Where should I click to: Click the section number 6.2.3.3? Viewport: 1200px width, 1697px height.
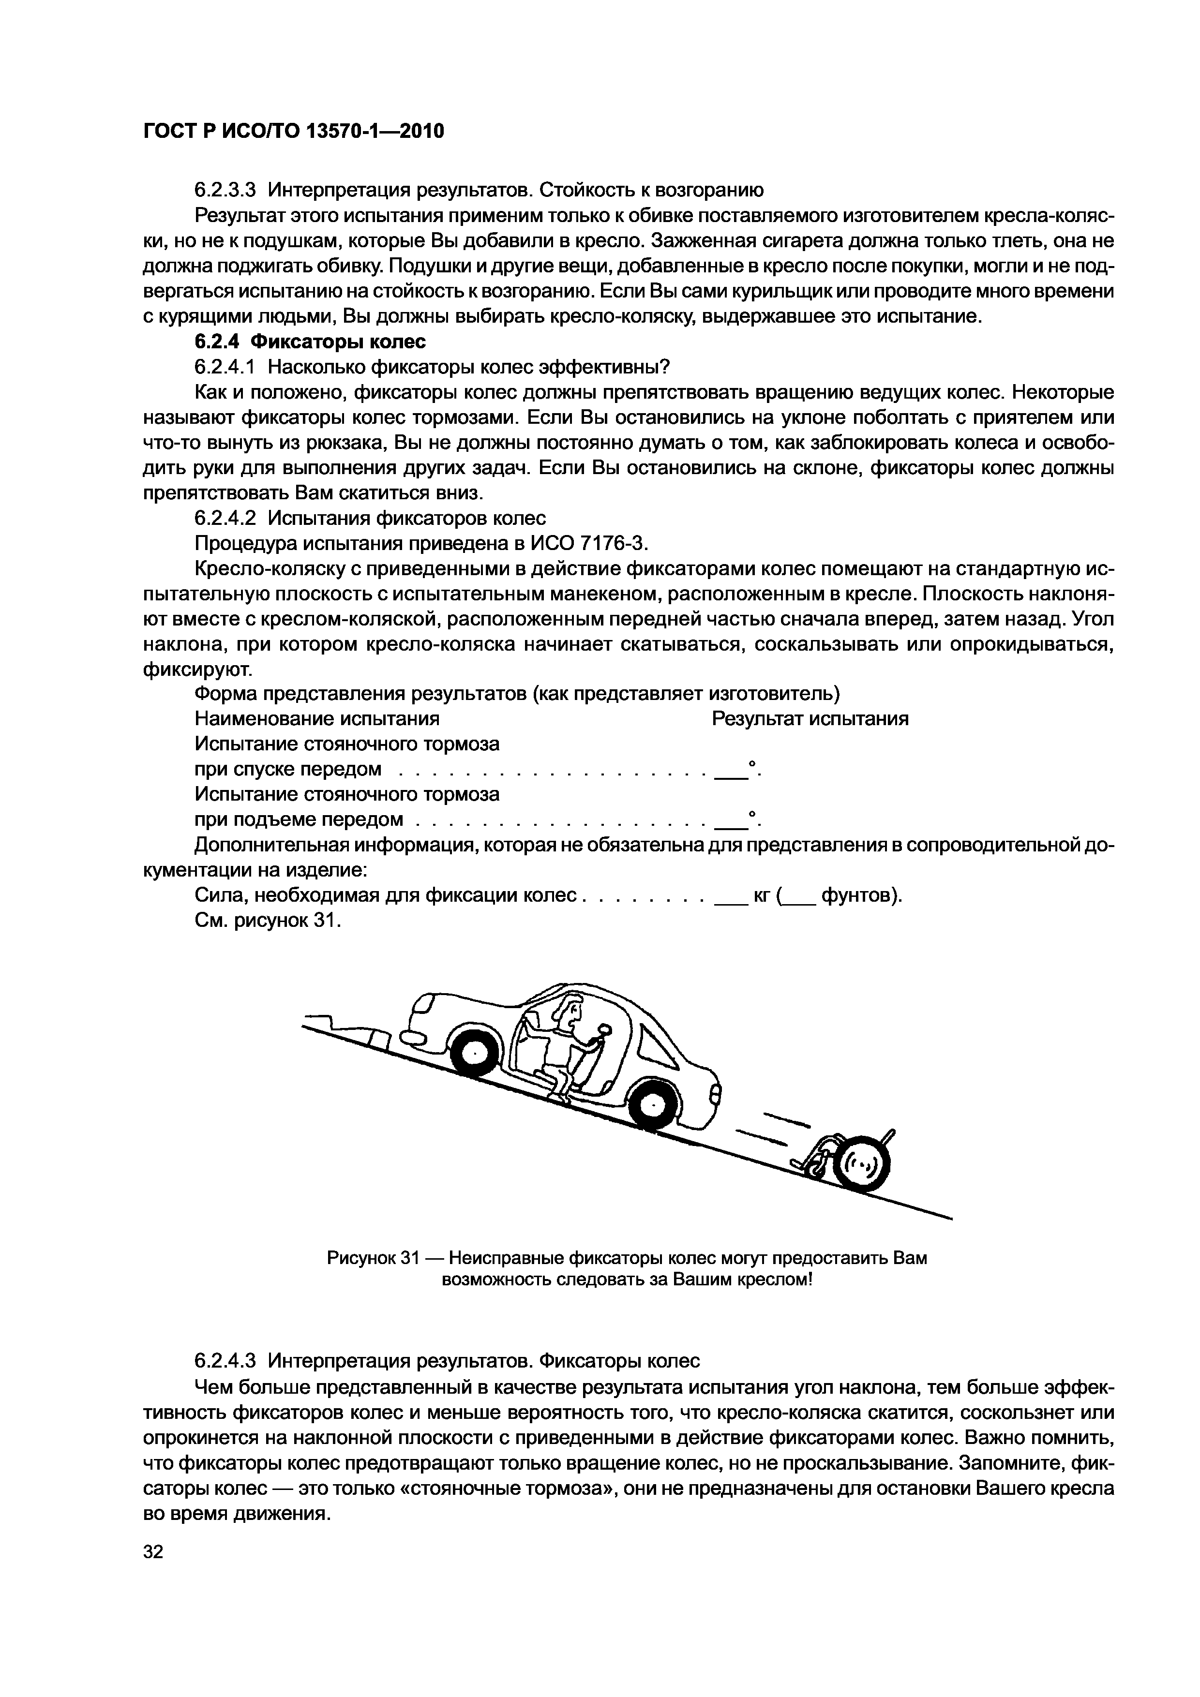tap(225, 190)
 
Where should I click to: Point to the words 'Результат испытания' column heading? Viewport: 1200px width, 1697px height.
tap(810, 718)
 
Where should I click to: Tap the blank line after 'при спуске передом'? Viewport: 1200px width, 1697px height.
tap(728, 772)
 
